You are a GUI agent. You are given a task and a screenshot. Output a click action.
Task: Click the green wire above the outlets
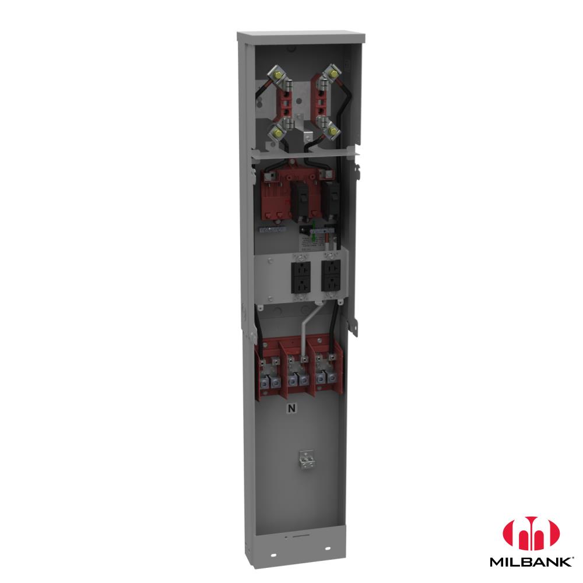point(314,230)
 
